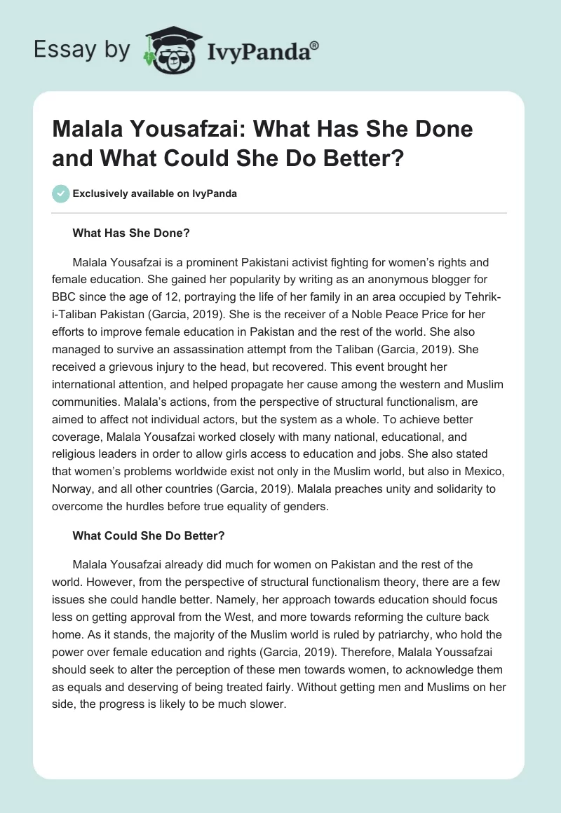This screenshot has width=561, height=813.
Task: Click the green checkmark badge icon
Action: [60, 193]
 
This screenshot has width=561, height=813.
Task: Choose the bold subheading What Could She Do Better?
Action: [147, 536]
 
